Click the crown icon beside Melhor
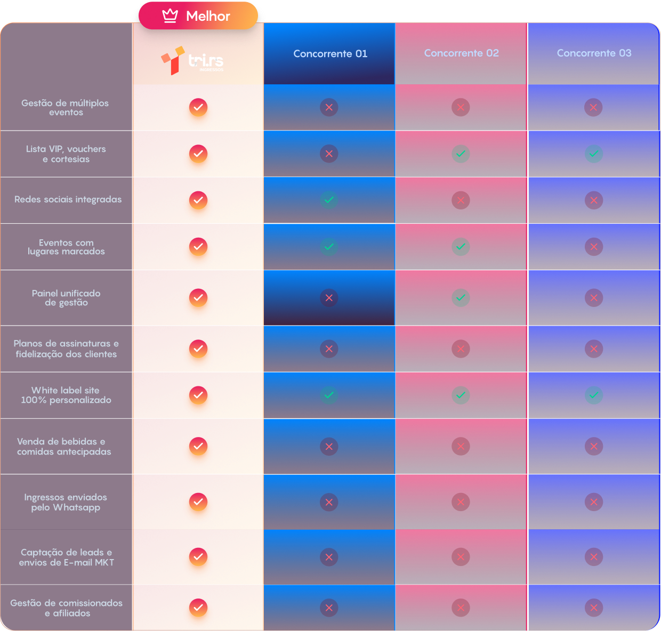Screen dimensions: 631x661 coord(170,16)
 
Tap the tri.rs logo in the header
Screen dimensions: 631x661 coord(193,60)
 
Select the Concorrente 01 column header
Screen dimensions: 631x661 coord(330,54)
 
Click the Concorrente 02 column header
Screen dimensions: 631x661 coord(461,53)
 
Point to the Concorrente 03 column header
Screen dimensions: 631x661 coord(594,53)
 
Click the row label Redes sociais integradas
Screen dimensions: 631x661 coord(68,199)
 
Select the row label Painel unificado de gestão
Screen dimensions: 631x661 coord(66,298)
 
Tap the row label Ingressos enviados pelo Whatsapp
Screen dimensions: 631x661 coord(66,502)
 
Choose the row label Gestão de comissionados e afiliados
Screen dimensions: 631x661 coord(66,608)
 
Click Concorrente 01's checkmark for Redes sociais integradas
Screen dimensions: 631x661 coord(329,200)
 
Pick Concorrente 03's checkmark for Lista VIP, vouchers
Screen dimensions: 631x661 coord(593,154)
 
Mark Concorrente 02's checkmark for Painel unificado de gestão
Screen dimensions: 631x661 coord(461,298)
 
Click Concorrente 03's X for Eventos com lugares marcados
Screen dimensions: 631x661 coord(593,247)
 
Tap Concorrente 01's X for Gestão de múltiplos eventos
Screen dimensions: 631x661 coord(329,108)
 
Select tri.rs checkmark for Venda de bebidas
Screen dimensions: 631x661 coord(198,446)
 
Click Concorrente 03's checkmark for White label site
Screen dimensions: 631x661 coord(593,395)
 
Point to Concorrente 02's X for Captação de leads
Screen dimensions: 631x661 coord(461,557)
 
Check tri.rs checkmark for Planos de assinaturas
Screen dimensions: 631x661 coord(198,349)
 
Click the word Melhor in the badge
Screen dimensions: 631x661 coord(208,16)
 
